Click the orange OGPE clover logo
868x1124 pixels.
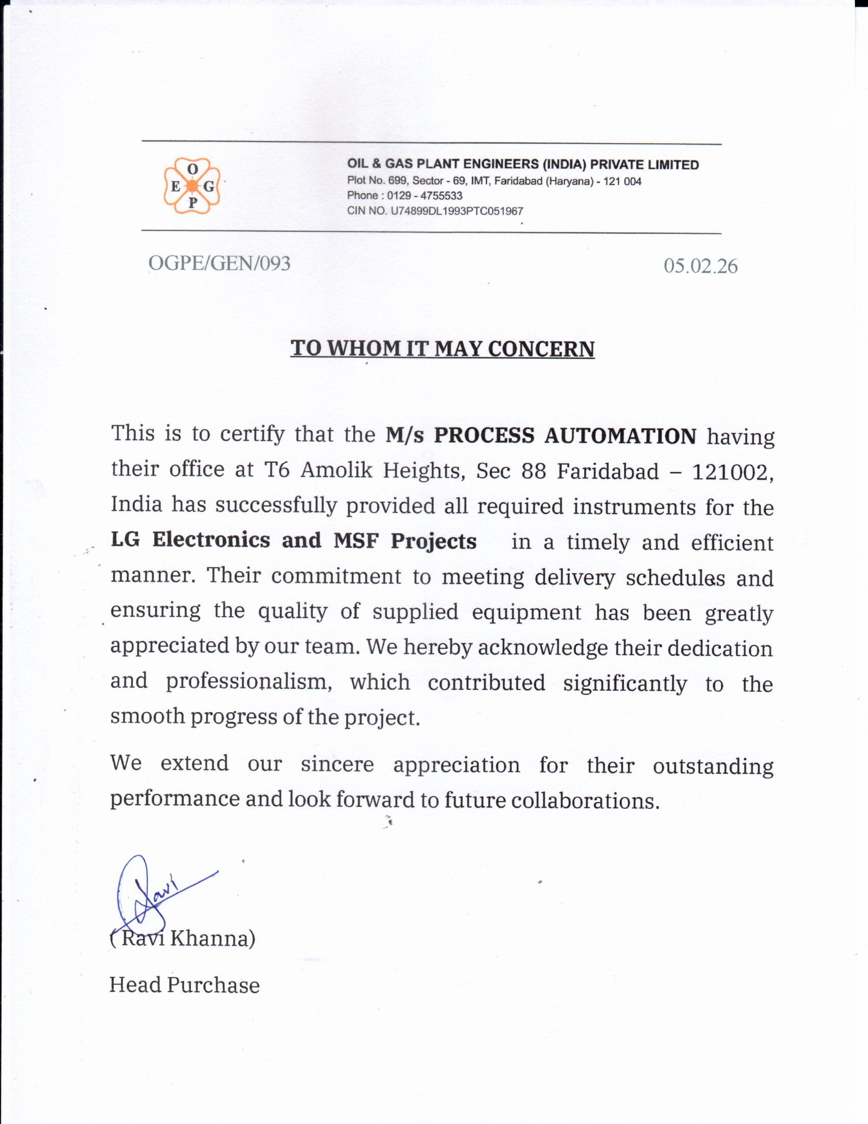tap(192, 186)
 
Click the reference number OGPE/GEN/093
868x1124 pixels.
tap(219, 263)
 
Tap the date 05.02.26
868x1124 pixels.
tap(700, 266)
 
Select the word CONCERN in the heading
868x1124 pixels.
tap(541, 349)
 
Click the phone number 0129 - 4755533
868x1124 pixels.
tap(424, 196)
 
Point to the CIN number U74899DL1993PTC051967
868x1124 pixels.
tap(456, 211)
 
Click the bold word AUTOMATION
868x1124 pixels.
tap(620, 435)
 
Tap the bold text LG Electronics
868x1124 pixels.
tap(190, 540)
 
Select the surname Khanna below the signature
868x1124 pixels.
tap(212, 938)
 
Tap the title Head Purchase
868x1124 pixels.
tap(184, 985)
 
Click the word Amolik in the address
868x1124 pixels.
tap(336, 470)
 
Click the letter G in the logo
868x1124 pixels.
tap(208, 186)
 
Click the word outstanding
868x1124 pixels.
tap(713, 766)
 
